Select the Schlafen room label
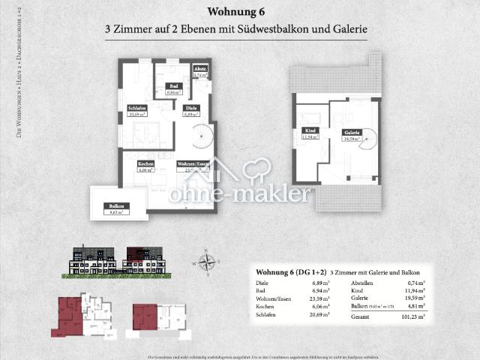tap(136, 111)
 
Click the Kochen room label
tap(146, 166)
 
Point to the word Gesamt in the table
tap(361, 317)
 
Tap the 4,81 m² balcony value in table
tap(415, 306)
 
